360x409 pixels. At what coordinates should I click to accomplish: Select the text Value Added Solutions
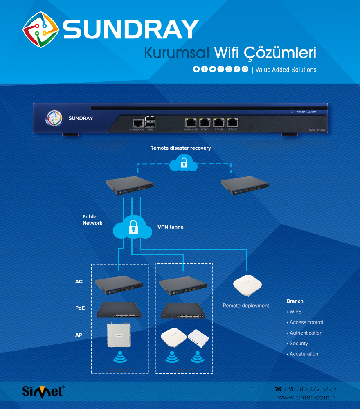[x=286, y=70]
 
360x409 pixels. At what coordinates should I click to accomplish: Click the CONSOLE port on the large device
[x=137, y=122]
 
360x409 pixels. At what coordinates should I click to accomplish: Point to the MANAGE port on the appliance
[x=191, y=122]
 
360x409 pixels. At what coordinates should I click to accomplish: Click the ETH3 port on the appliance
[x=232, y=122]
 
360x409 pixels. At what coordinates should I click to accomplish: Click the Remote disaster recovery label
[x=180, y=148]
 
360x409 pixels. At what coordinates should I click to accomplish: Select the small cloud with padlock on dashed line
[x=183, y=164]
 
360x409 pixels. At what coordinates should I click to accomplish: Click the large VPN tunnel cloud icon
[x=132, y=227]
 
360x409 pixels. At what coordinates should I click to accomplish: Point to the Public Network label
[x=92, y=220]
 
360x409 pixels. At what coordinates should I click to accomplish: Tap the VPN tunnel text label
[x=171, y=227]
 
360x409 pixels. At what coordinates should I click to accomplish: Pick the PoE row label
[x=80, y=308]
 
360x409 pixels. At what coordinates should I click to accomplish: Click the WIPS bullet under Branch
[x=295, y=312]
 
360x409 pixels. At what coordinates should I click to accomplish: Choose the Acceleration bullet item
[x=304, y=354]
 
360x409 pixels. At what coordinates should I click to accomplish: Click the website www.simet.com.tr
[x=307, y=398]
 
